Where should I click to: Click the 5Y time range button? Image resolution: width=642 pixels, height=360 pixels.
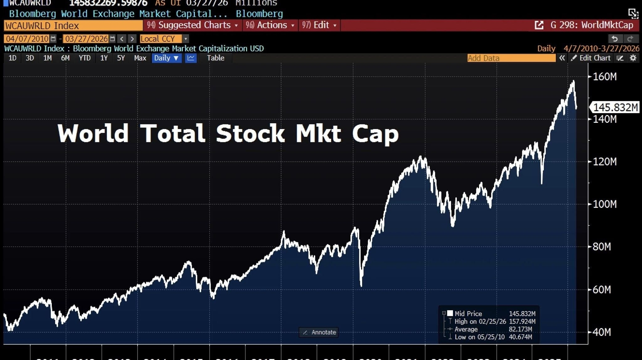(121, 58)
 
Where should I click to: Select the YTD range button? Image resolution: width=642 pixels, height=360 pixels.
(85, 58)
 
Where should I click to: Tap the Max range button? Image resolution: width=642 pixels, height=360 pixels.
(140, 58)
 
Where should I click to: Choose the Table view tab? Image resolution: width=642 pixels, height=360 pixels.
(215, 58)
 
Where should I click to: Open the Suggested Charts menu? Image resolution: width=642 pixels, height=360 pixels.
(192, 25)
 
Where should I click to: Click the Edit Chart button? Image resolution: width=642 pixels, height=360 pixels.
(591, 58)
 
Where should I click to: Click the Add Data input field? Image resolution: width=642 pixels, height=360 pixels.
(511, 58)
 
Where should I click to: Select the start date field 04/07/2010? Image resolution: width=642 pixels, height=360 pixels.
(27, 39)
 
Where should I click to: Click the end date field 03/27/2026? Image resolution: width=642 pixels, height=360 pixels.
(86, 39)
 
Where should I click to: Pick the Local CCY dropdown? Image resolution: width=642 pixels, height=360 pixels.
(164, 39)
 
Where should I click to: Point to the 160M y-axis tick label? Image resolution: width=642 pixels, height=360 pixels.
(605, 77)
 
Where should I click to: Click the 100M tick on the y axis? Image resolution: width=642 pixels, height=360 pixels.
(605, 204)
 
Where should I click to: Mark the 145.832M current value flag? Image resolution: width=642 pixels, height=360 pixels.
(615, 107)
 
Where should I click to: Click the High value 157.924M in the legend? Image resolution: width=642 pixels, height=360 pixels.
(522, 321)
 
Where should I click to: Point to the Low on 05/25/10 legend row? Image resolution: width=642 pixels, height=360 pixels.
(479, 337)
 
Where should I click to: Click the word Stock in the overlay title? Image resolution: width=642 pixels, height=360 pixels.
(250, 133)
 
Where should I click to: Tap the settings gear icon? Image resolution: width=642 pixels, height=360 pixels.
(633, 58)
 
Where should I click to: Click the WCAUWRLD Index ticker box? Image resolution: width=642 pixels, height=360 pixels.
(73, 25)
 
